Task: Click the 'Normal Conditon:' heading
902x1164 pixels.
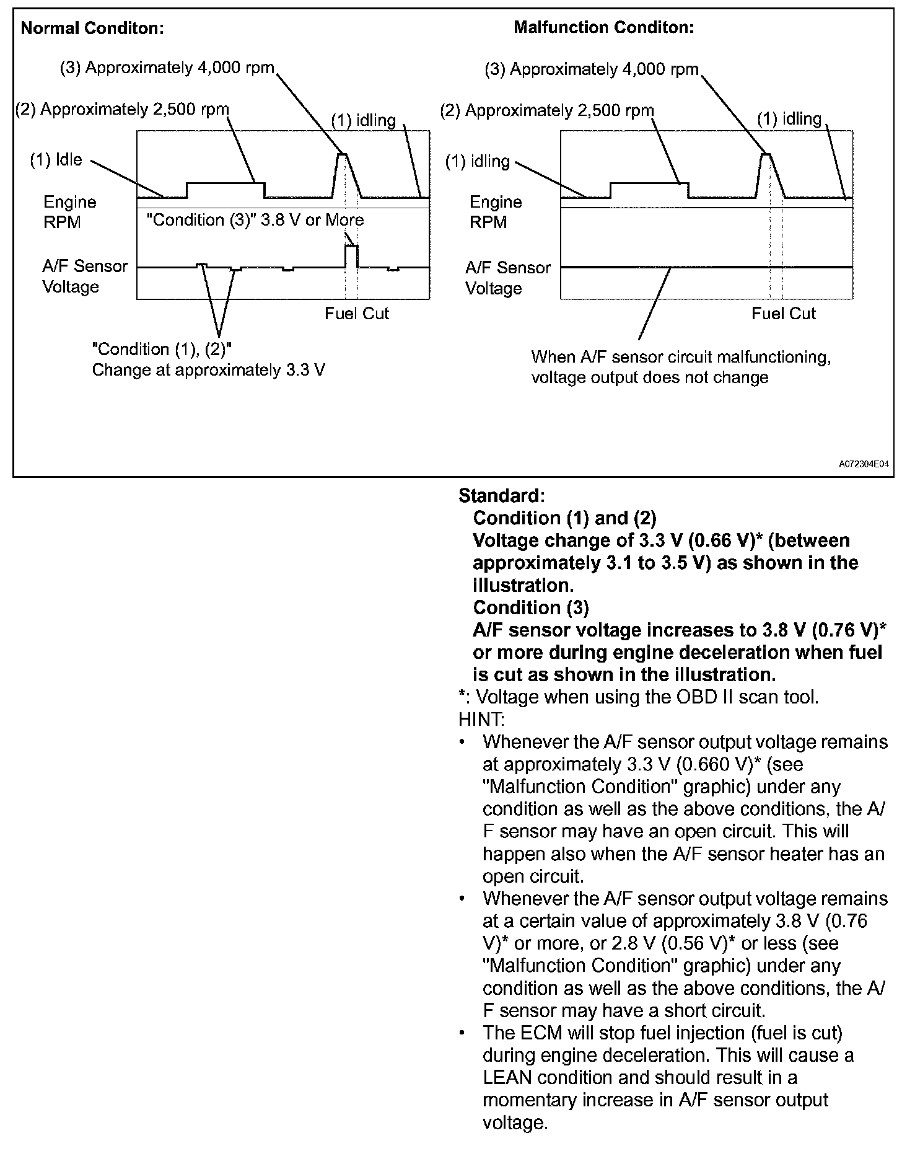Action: click(92, 29)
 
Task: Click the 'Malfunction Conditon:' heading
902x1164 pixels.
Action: click(603, 27)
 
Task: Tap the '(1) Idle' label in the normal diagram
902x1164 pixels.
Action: click(56, 160)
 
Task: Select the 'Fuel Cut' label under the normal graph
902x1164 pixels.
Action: click(356, 314)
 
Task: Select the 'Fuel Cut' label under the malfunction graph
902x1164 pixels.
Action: click(783, 314)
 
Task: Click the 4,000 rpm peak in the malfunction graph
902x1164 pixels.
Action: click(766, 154)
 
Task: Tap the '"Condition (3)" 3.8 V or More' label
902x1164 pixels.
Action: click(255, 220)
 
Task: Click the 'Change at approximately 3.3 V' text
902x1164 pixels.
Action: click(208, 370)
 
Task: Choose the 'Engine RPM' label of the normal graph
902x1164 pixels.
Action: click(69, 212)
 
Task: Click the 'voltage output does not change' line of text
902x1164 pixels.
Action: click(649, 377)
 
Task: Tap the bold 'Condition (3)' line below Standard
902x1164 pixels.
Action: click(530, 607)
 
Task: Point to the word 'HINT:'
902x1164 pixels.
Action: click(481, 719)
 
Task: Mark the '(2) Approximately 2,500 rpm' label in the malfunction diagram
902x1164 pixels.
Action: click(547, 111)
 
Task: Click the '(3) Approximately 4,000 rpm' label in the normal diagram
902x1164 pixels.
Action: click(167, 68)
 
